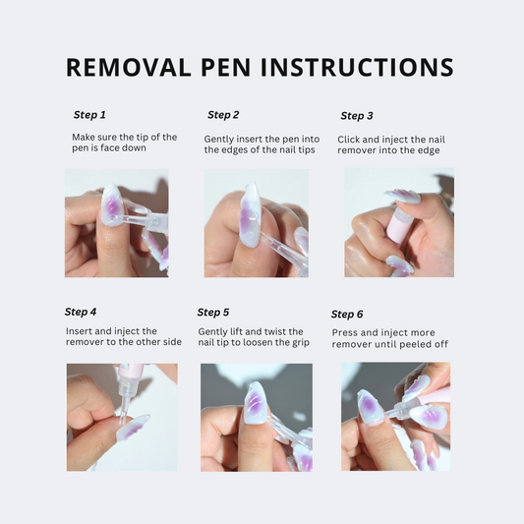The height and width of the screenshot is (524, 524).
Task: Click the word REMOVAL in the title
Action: pos(129,67)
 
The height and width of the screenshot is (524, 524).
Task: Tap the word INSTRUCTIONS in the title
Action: pos(357,67)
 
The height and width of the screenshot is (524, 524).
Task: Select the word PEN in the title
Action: pos(225,67)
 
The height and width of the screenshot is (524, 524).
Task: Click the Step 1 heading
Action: pos(89,115)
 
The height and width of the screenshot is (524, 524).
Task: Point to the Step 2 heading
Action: pos(223,115)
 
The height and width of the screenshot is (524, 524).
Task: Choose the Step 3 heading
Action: pos(357,116)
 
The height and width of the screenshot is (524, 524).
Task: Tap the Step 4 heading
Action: pos(81,312)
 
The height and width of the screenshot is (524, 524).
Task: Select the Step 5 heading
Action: pos(213,312)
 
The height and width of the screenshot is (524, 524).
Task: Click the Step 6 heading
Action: pos(347,315)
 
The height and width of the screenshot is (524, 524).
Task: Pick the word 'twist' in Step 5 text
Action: pos(277,331)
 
